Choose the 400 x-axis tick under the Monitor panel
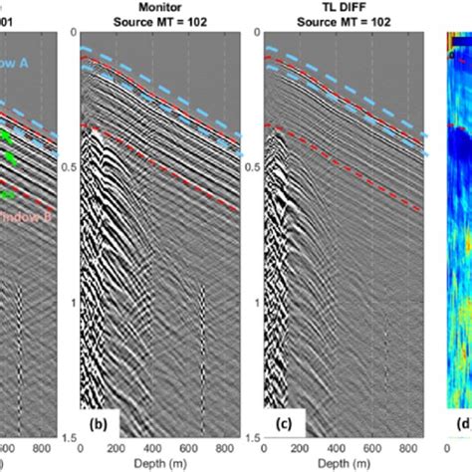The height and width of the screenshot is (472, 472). point(154,448)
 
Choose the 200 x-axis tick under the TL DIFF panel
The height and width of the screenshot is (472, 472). point(303,448)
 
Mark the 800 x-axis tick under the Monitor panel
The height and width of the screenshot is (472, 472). point(228,448)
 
